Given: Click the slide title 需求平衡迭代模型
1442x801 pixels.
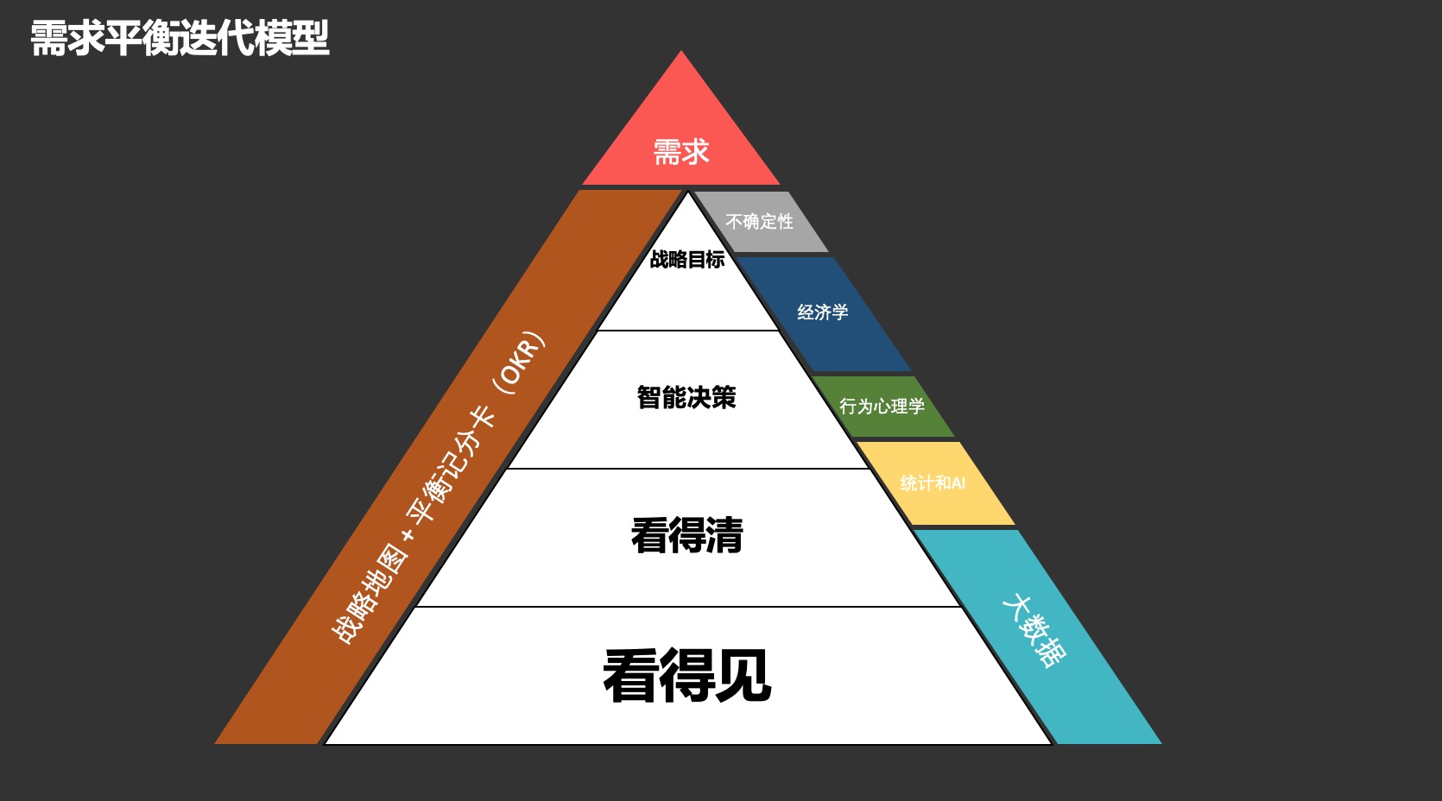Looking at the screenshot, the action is pos(180,39).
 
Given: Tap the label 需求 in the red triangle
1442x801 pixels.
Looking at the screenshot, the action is pos(680,153).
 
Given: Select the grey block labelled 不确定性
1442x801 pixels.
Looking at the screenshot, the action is pos(759,222).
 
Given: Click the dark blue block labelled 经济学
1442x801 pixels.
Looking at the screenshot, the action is pos(822,312).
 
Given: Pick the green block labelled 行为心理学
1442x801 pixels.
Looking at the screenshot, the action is pos(882,406).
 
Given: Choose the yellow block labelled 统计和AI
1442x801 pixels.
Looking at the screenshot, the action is pos(933,483).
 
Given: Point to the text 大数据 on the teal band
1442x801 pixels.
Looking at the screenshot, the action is pos(1034,631).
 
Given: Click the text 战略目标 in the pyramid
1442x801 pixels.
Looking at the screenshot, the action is pos(687,259).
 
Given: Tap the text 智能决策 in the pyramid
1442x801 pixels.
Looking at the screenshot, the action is pos(686,397).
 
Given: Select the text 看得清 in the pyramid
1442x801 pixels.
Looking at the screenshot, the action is pos(686,535).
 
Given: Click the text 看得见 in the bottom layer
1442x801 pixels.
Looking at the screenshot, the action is pos(686,676).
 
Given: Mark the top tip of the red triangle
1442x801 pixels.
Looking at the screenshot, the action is pos(681,53).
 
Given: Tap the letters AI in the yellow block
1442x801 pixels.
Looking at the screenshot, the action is pos(958,483).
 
